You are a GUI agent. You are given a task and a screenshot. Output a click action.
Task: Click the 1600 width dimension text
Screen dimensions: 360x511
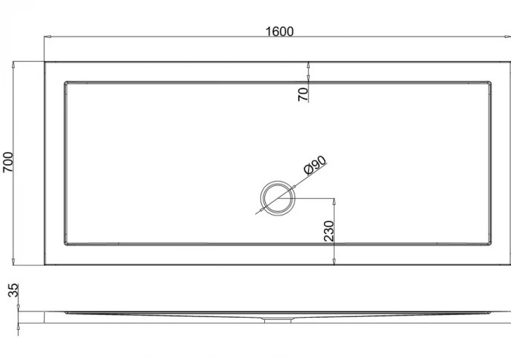[x=279, y=31]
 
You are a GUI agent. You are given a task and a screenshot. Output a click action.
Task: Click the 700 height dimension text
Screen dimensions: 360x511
[x=9, y=163]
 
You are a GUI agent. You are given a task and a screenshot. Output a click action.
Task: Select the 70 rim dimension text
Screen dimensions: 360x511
[x=303, y=95]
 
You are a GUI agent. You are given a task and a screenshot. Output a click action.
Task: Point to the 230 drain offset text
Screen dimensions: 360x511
[x=329, y=231]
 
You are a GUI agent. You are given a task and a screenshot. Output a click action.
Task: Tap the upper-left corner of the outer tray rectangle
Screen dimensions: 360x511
[x=45, y=62]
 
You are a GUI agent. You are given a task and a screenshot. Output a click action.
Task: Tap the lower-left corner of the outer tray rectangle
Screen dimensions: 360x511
[x=45, y=265]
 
